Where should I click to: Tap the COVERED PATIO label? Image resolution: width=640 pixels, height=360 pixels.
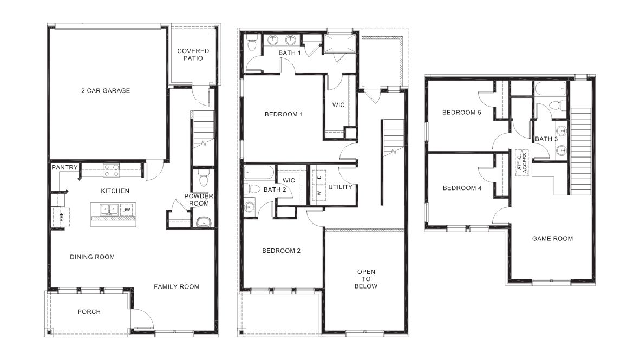[193, 55]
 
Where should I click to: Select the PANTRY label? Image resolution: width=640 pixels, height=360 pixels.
[64, 168]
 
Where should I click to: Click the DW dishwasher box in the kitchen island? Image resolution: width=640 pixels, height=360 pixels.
[126, 210]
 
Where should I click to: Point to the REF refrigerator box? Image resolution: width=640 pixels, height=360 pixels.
[60, 217]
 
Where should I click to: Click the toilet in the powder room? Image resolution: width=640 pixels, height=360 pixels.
[203, 177]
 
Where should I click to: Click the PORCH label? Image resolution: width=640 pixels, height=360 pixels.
[89, 312]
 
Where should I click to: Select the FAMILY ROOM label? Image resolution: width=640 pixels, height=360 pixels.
[177, 287]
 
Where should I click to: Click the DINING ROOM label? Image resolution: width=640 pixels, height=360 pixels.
[92, 257]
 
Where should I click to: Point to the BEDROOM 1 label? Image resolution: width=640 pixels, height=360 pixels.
[283, 114]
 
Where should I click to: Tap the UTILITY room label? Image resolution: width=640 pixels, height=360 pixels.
[340, 187]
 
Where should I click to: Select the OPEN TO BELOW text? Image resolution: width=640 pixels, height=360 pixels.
[367, 279]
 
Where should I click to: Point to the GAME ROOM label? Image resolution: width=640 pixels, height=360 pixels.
[552, 239]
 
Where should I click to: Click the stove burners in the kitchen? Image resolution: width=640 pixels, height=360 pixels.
[112, 171]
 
